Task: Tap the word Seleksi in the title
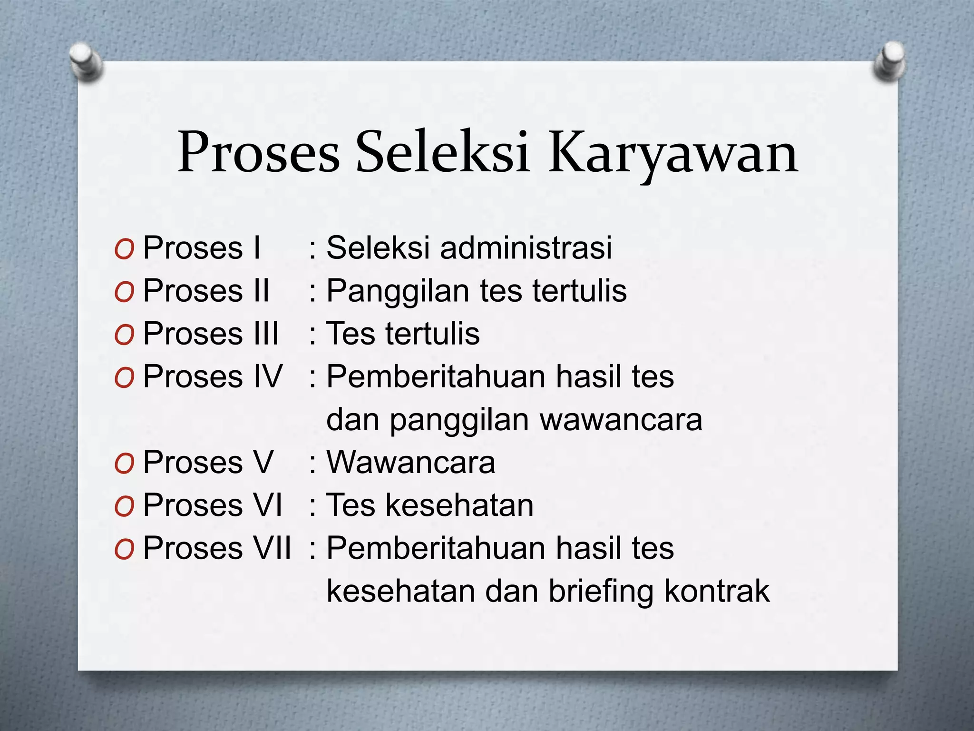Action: [442, 152]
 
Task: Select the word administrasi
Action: [526, 248]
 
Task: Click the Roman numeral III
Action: [266, 334]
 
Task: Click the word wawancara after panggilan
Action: [621, 420]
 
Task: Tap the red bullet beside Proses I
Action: [124, 249]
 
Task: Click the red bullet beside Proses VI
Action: [124, 506]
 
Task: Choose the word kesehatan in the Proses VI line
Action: [459, 505]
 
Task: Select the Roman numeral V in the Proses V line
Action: [262, 462]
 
